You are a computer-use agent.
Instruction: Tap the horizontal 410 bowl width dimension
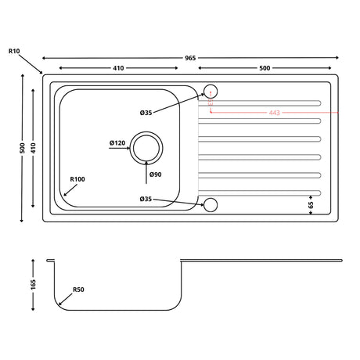tap(117, 68)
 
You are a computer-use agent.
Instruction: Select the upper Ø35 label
tap(146, 113)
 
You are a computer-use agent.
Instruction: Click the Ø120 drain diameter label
tap(117, 142)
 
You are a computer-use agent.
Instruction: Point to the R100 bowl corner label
tap(77, 179)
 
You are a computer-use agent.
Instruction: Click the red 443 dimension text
tap(274, 113)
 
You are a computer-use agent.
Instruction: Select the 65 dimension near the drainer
tap(311, 205)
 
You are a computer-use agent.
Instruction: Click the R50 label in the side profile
tap(78, 290)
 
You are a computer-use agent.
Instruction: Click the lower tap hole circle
tap(209, 205)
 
